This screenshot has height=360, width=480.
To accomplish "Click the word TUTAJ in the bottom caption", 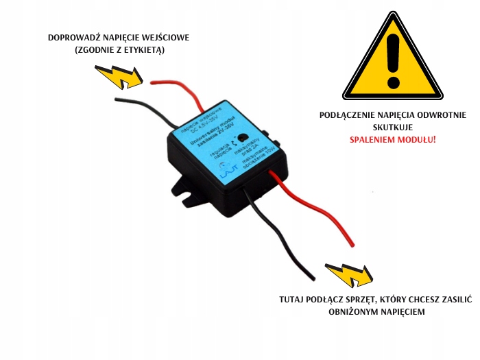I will click(293, 300).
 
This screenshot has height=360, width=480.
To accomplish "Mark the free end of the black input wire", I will click(117, 101).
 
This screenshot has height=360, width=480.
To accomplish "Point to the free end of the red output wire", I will click(352, 243).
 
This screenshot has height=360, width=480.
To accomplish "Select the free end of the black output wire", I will click(312, 278).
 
